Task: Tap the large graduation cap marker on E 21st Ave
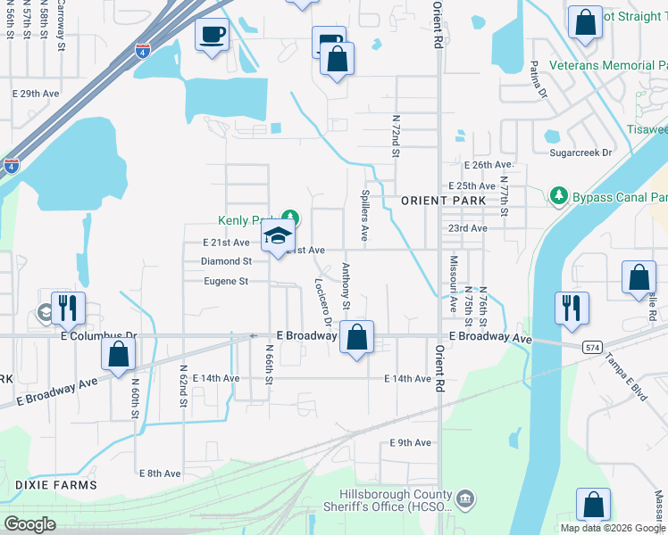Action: click(278, 238)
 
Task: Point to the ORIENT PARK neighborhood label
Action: click(443, 201)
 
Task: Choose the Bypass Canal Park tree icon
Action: click(558, 194)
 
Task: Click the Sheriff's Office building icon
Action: click(465, 498)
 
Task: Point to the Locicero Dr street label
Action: click(322, 301)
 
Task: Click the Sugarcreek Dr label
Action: click(581, 153)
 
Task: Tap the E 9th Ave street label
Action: click(410, 442)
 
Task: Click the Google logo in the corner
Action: click(30, 524)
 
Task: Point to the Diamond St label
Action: click(226, 261)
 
